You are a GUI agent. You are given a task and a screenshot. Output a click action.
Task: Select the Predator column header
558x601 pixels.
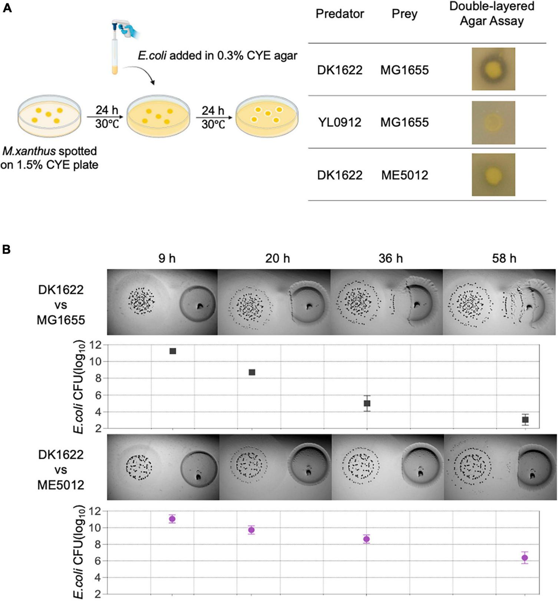(x=340, y=14)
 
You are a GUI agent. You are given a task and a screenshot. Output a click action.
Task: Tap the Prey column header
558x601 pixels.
(x=405, y=14)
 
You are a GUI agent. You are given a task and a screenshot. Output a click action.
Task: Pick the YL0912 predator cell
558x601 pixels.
(x=340, y=122)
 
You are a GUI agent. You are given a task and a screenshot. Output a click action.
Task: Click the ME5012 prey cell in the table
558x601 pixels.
(x=405, y=175)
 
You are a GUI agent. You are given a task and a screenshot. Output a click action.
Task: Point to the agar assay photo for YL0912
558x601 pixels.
(x=493, y=122)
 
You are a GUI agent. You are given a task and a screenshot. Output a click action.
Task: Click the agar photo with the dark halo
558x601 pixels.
(x=493, y=69)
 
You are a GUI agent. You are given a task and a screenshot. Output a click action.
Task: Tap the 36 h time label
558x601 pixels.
(x=390, y=258)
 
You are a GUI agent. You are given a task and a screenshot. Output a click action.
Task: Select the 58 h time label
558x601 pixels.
(x=504, y=258)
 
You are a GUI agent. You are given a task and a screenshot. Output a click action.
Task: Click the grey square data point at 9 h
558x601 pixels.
(x=173, y=351)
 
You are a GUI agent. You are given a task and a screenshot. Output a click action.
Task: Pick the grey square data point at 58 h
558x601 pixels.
(x=525, y=420)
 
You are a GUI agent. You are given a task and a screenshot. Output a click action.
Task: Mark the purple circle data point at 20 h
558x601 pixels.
(x=251, y=530)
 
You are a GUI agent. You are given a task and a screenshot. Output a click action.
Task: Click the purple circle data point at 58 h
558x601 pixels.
(x=525, y=558)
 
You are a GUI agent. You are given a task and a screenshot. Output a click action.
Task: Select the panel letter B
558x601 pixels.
(x=7, y=249)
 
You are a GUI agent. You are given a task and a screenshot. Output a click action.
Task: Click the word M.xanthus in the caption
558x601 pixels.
(x=29, y=151)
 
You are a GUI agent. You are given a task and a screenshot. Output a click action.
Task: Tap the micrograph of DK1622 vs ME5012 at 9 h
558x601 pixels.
(x=163, y=467)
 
